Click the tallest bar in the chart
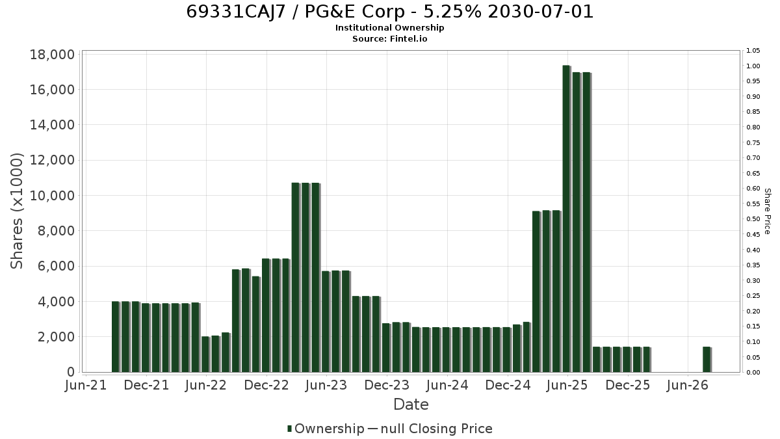click(x=567, y=219)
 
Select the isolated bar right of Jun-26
click(x=707, y=360)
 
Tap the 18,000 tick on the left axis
click(x=52, y=55)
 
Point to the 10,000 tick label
click(x=52, y=196)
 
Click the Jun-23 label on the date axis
click(x=326, y=385)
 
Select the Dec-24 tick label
click(x=508, y=385)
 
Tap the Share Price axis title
click(x=768, y=211)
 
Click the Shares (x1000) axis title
click(x=16, y=211)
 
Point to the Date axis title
click(x=411, y=405)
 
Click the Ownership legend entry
click(x=326, y=429)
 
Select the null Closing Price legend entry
click(x=430, y=429)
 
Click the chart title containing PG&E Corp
click(x=389, y=12)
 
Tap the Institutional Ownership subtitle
click(x=389, y=27)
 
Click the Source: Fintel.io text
click(x=389, y=38)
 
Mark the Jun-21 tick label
click(x=86, y=385)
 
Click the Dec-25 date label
click(x=628, y=385)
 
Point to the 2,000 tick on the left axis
click(x=56, y=337)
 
